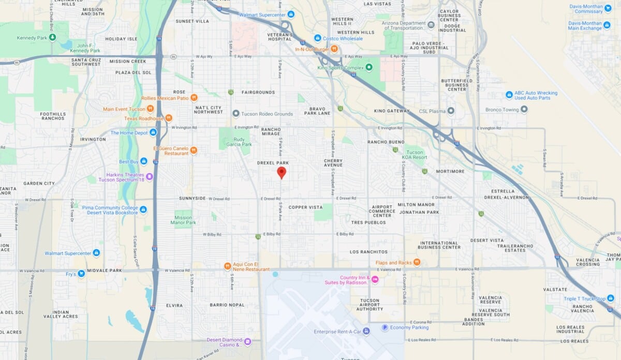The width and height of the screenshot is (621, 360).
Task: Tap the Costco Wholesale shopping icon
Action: point(318,38)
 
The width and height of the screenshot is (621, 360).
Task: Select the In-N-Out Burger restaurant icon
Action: point(334,49)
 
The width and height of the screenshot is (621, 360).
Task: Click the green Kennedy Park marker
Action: point(53,38)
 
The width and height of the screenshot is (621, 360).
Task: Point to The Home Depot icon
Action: point(153,132)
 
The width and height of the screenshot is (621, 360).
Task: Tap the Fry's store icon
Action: point(81,274)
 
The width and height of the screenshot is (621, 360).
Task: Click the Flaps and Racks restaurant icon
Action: point(417,263)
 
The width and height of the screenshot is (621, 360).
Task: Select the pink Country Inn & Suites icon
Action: point(375,279)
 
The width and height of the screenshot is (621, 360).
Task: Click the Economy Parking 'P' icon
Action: point(385,327)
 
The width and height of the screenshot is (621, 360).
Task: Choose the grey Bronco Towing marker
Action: point(524,110)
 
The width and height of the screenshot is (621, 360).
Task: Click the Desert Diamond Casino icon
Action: point(247,341)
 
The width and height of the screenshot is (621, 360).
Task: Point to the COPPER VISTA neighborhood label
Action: point(305,207)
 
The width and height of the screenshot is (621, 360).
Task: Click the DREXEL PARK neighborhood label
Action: point(272,163)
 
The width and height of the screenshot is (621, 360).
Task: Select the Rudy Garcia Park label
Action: point(239,142)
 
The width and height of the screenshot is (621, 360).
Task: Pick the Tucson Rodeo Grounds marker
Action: point(236,114)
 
